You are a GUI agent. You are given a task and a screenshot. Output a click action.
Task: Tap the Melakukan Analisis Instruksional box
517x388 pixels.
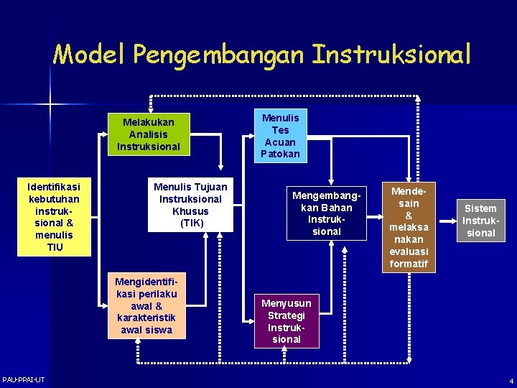click(149, 134)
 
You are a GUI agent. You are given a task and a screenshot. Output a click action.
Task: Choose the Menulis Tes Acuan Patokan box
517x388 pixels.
click(280, 135)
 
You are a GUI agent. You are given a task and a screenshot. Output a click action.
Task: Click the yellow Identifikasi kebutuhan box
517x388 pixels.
click(55, 216)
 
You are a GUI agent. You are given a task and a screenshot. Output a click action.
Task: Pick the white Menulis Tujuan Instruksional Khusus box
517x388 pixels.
click(190, 205)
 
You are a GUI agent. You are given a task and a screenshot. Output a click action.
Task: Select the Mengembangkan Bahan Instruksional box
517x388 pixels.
click(327, 213)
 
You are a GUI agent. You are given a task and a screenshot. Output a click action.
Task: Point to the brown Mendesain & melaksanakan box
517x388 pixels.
click(409, 227)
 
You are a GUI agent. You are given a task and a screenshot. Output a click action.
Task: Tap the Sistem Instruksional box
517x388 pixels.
click(480, 221)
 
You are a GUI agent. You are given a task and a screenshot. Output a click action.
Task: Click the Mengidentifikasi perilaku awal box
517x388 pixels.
click(146, 305)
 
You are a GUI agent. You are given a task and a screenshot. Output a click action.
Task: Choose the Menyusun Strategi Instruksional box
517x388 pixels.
click(287, 321)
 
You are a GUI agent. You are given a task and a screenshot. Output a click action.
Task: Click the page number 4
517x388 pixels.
click(511, 381)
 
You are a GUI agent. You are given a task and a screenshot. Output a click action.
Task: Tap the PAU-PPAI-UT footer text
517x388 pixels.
click(23, 379)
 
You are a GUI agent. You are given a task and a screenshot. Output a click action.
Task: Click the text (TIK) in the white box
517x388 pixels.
click(190, 223)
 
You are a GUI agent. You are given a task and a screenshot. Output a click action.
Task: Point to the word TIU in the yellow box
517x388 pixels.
click(55, 247)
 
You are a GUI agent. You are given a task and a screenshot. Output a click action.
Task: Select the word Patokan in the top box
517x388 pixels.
click(280, 154)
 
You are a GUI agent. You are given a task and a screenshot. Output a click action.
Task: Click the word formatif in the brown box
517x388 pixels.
click(409, 264)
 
